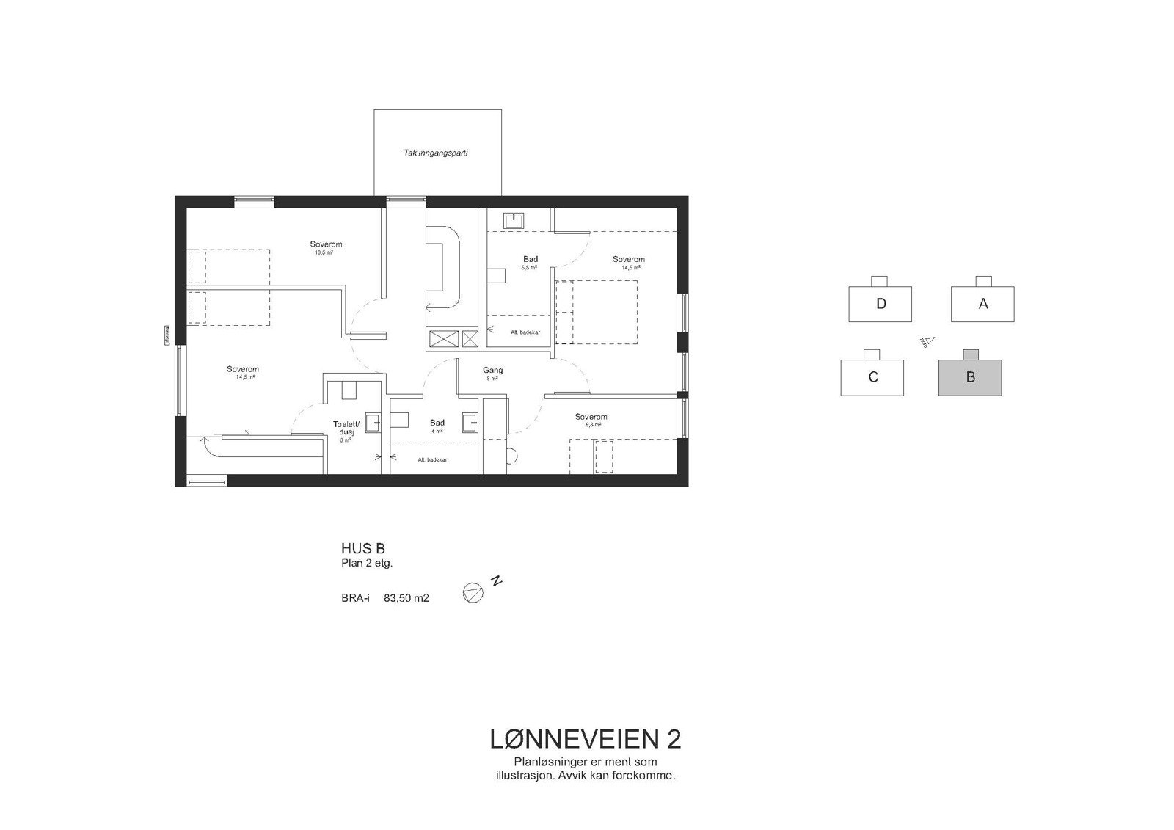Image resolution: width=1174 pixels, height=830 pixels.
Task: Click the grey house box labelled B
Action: tap(970, 377)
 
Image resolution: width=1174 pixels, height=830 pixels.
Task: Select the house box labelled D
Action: tap(880, 304)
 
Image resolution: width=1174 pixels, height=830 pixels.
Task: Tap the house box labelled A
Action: tap(982, 304)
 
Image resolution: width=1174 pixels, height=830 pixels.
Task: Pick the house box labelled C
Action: tap(872, 377)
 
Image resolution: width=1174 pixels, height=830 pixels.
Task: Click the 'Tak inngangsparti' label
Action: tap(436, 153)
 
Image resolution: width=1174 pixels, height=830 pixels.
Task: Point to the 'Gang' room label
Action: tap(492, 371)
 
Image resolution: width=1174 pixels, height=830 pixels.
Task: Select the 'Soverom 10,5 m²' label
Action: tap(326, 244)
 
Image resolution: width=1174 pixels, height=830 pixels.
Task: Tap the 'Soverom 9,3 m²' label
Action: tap(591, 417)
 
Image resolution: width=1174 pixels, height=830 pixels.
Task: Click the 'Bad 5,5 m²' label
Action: tap(531, 259)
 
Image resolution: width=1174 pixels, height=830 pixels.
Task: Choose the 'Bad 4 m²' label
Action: tap(437, 423)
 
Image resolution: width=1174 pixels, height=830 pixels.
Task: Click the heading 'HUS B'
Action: tap(362, 548)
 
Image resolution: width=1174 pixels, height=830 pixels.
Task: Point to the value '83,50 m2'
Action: tap(406, 598)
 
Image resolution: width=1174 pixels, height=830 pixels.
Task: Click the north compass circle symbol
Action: tap(473, 593)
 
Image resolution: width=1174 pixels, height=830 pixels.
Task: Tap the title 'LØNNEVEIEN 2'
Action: tap(585, 738)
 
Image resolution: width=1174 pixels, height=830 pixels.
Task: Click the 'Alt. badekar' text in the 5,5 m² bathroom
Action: tap(525, 332)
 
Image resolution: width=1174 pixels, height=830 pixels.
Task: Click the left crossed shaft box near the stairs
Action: tap(442, 338)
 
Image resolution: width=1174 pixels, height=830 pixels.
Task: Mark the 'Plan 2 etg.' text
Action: tap(367, 564)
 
